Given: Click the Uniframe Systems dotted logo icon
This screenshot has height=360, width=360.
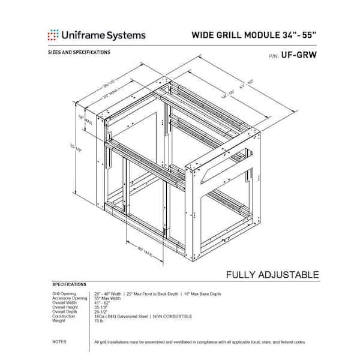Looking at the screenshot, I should [x=53, y=35].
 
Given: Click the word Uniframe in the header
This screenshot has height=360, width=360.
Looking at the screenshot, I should [x=85, y=35].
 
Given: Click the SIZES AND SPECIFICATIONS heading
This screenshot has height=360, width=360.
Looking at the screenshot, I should [x=79, y=52].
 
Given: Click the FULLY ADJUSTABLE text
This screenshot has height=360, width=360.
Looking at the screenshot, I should [x=272, y=275].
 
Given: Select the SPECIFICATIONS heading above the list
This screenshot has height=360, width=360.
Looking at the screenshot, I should [x=69, y=284].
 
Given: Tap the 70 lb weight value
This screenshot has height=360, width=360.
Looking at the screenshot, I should [x=100, y=321].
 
